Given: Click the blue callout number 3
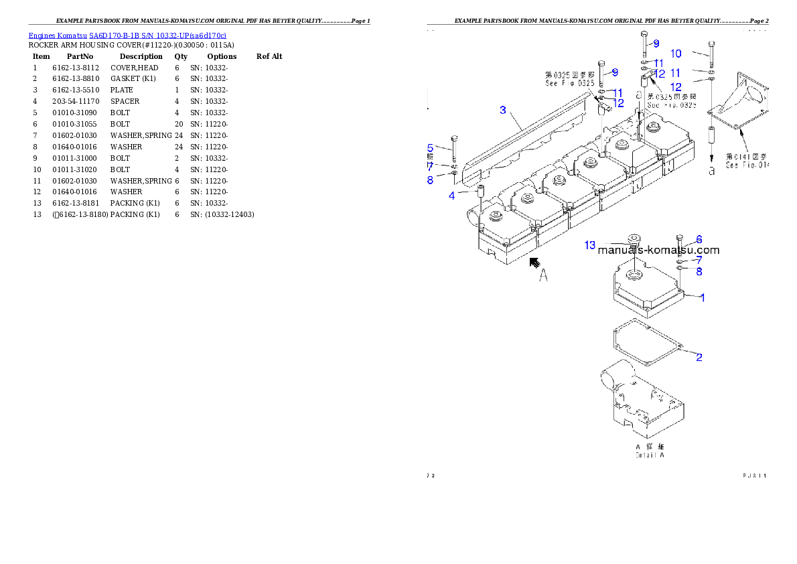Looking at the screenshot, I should tap(503, 110).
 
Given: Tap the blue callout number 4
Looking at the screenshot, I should tap(451, 196).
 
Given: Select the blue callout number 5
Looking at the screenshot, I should tap(431, 148).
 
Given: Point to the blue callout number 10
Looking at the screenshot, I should tap(676, 54).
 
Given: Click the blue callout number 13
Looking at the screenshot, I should tap(589, 246).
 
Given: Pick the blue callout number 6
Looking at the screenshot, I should tap(699, 239).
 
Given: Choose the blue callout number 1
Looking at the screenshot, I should tap(703, 297).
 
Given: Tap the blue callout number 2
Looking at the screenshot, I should tap(699, 357).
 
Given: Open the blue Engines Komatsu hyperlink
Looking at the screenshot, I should tap(127, 36).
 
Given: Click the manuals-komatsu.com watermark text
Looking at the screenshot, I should tap(658, 251).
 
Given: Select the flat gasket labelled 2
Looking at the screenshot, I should tap(646, 346).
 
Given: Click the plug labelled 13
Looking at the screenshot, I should tap(632, 240).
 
